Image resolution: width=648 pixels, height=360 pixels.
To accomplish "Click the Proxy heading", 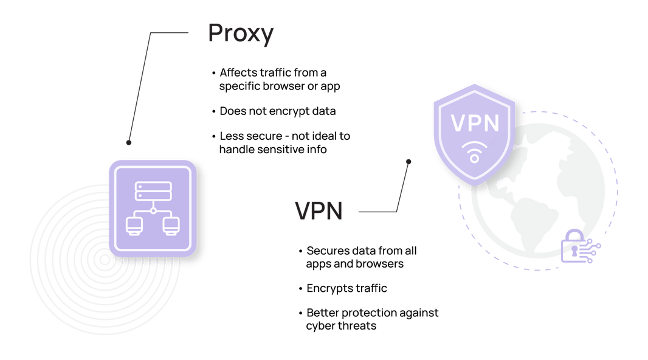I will point(241,34).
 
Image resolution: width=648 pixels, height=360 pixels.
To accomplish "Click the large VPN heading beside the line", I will point(319,212).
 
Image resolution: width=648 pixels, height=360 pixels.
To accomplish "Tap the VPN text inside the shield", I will point(475,123).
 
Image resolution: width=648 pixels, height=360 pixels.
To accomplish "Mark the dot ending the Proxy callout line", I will point(128,142).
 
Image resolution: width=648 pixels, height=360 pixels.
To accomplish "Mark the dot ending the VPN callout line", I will point(408,162).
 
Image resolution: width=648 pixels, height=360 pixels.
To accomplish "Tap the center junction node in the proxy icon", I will point(153,211).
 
